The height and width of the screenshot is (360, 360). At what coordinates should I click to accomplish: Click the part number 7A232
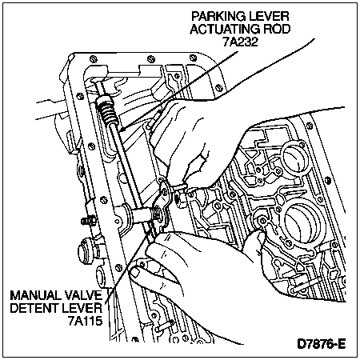tap(240, 42)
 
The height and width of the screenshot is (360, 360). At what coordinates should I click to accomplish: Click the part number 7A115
tap(85, 321)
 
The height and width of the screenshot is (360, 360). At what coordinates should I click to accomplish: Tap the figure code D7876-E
tap(322, 344)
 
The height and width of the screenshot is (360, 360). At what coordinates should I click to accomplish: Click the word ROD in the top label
tap(277, 29)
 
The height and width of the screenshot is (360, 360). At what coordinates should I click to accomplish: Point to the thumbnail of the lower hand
tap(134, 273)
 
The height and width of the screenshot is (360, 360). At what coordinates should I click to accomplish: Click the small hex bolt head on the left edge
tap(86, 221)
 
